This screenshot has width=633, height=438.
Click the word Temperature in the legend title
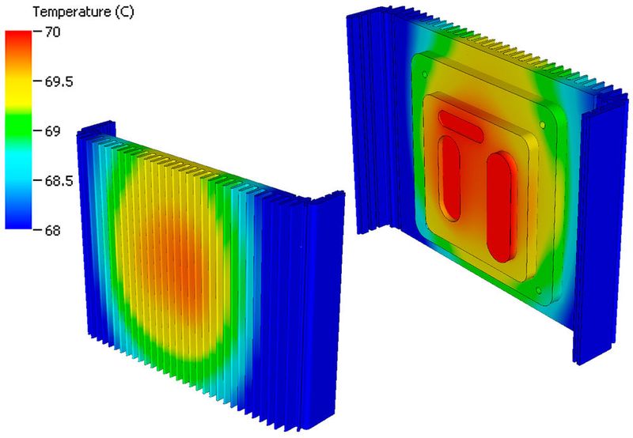[x=42, y=11]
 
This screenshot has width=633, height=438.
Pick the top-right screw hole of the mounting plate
[x=543, y=124]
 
